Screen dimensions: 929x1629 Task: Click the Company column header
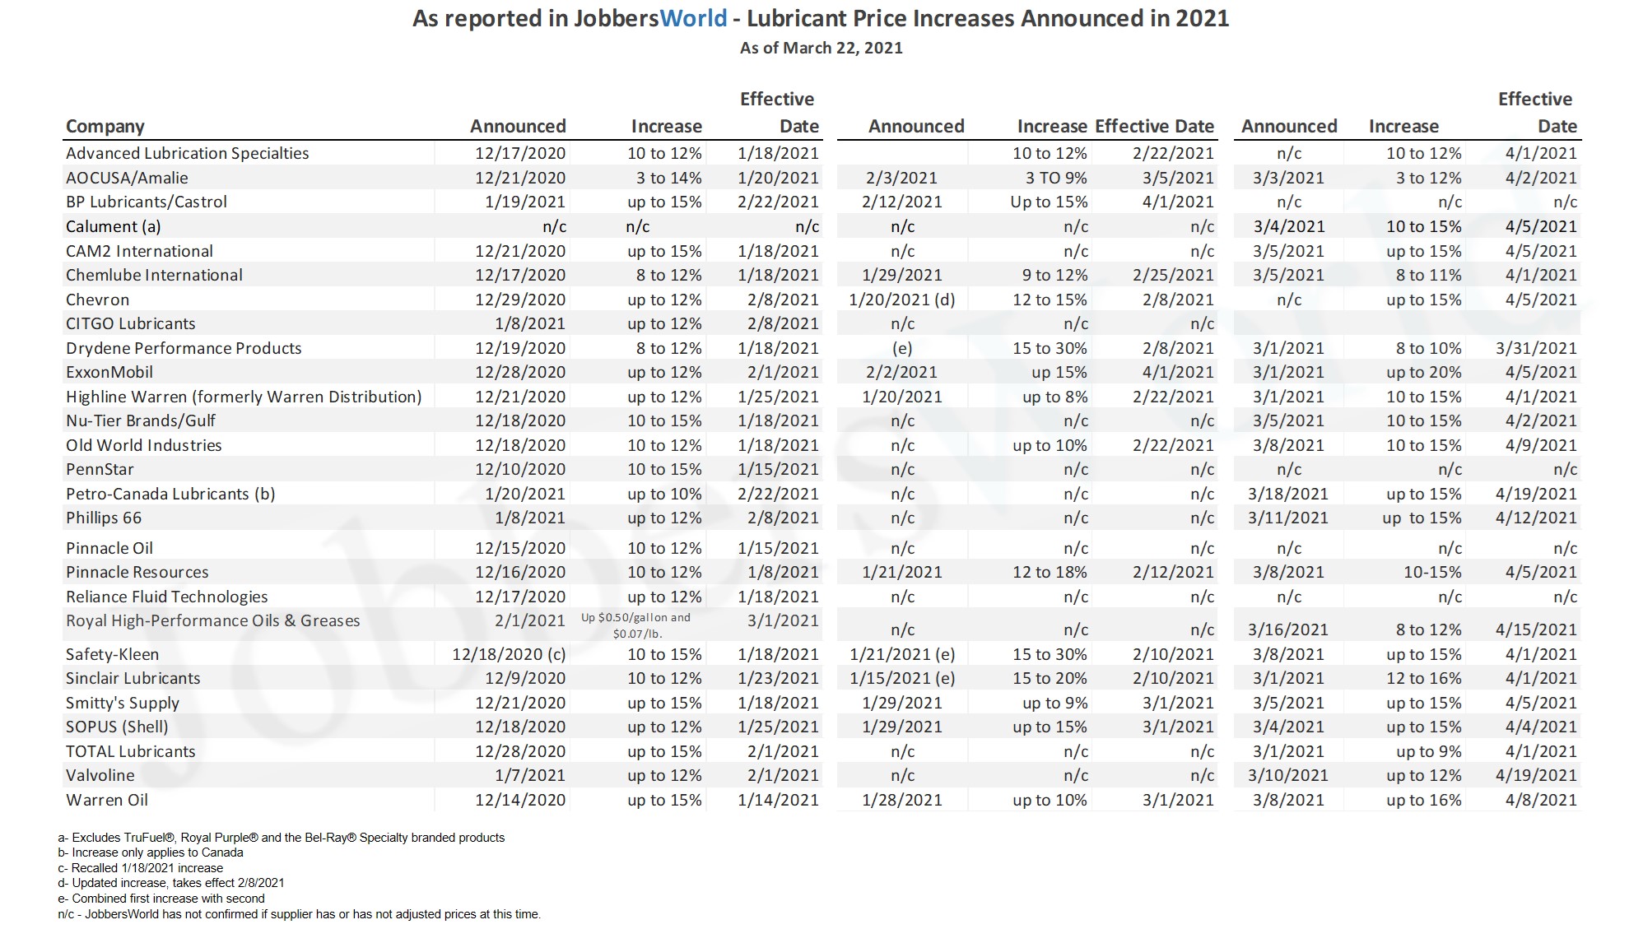[x=105, y=127]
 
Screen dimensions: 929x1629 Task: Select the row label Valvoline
[x=100, y=775]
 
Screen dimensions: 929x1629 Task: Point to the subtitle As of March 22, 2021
[x=821, y=48]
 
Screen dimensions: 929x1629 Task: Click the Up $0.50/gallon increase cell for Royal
[x=636, y=625]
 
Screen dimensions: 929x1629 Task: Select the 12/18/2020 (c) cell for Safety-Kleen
[x=509, y=654]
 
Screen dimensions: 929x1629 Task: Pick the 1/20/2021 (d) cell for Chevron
[x=901, y=300]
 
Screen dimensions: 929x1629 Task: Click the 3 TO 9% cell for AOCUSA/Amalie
[x=1055, y=178]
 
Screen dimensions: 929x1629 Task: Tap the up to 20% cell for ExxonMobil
[x=1423, y=372]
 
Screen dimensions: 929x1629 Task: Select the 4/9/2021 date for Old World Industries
[x=1540, y=445]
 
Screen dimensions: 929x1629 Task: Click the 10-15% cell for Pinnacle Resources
[x=1432, y=572]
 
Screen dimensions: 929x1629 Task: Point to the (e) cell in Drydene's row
[x=902, y=348]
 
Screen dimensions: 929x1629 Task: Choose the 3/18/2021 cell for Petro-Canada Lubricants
[x=1287, y=494]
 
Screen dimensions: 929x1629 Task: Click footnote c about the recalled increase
[x=141, y=868]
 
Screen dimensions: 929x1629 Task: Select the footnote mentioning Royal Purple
[x=281, y=838]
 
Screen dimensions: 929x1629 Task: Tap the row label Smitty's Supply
[x=123, y=703]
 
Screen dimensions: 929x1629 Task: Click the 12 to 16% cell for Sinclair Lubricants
[x=1423, y=678]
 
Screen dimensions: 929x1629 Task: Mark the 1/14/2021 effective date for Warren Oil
[x=778, y=800]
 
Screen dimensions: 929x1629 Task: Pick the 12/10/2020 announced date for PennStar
[x=519, y=469]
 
